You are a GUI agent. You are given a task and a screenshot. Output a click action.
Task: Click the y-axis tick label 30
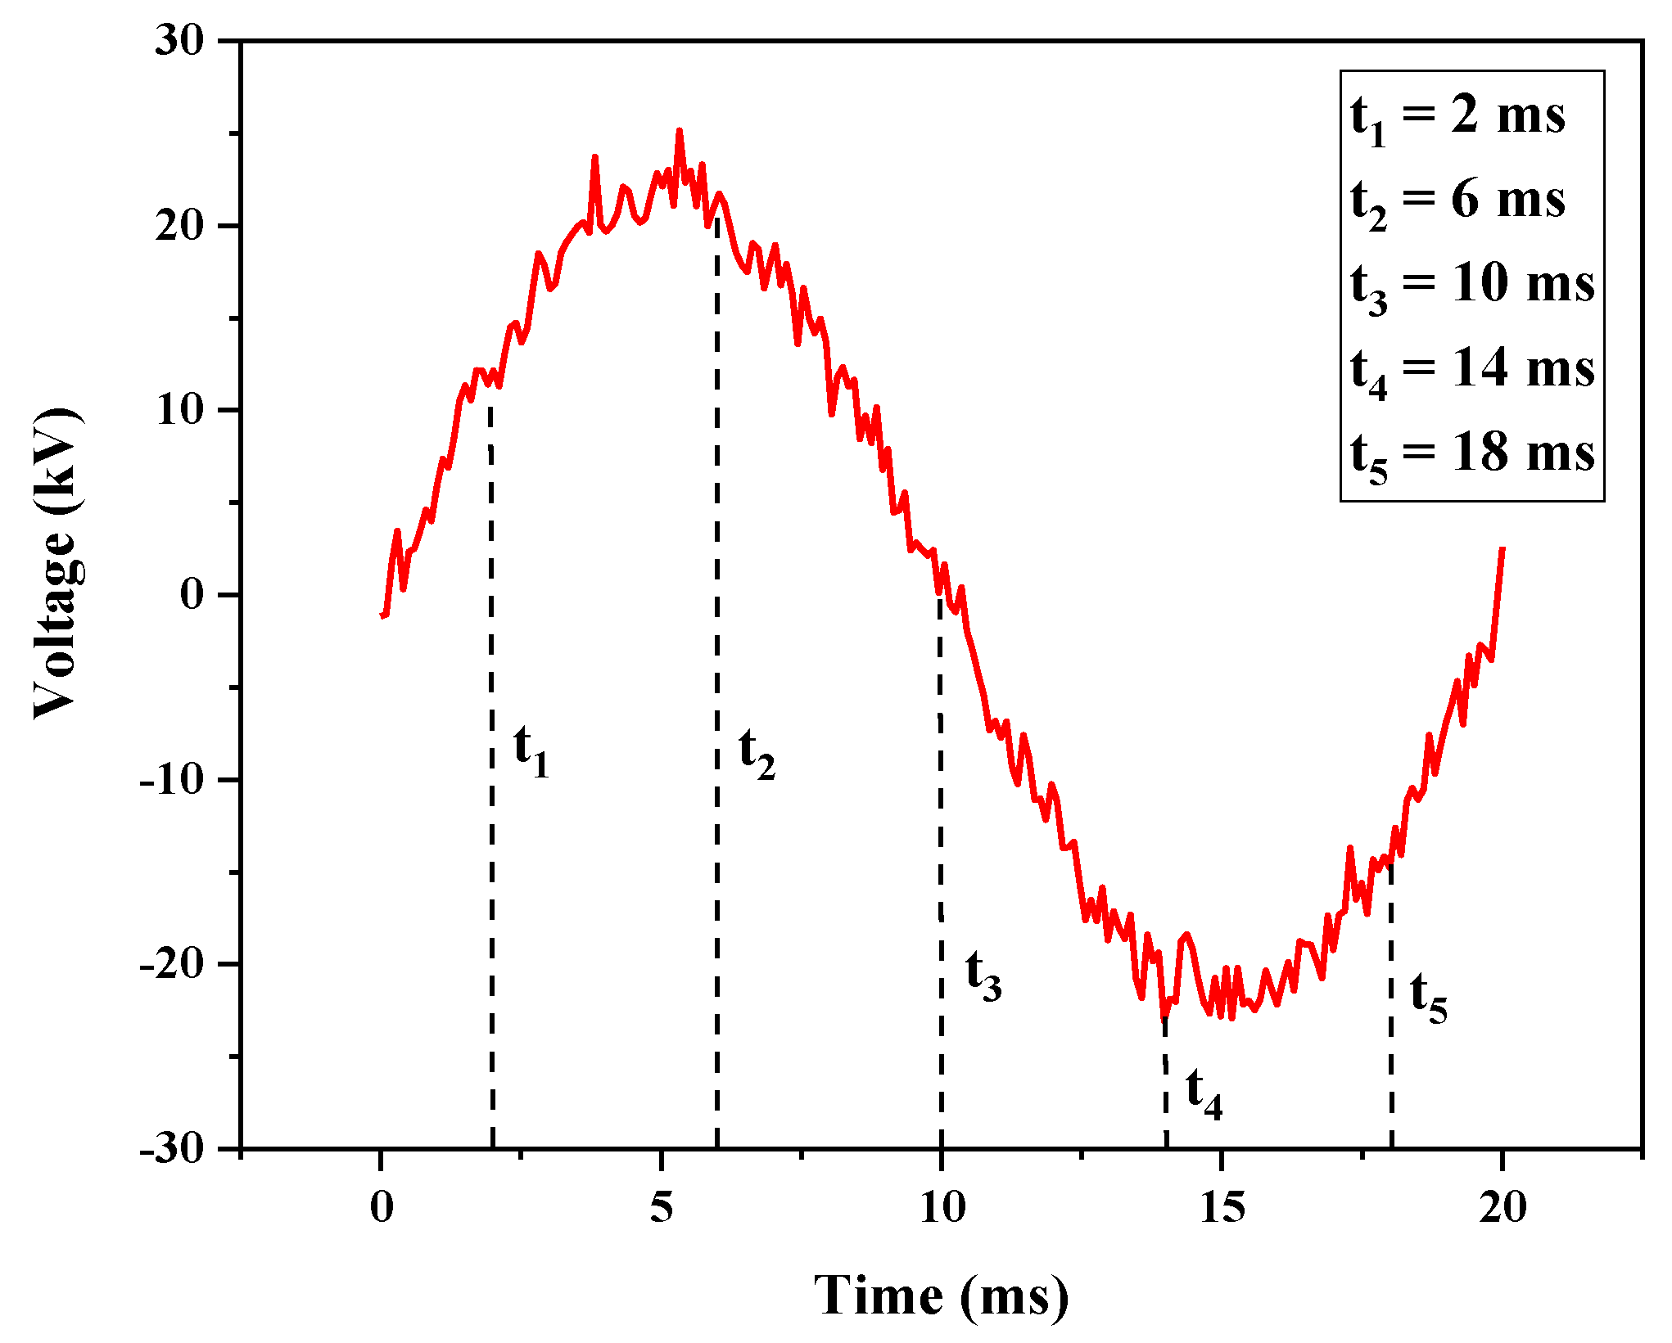pos(179,40)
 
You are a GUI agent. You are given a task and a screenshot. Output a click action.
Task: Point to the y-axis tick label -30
pos(171,1149)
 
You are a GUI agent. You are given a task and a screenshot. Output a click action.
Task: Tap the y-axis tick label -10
pos(171,779)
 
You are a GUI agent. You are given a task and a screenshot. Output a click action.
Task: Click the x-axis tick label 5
pos(661,1207)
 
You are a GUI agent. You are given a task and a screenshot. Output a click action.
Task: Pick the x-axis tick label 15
pos(1222,1207)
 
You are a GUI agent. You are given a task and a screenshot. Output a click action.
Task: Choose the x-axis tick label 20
pos(1503,1207)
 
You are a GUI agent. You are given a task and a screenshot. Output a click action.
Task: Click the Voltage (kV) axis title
pos(56,562)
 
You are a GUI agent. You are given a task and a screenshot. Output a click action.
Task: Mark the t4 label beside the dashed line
pos(1204,1093)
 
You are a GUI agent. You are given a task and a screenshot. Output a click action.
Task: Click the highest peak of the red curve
pos(679,131)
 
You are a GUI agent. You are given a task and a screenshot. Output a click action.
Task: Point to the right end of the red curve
pos(1503,548)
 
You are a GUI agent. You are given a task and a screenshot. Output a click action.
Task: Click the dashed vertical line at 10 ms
pos(941,818)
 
